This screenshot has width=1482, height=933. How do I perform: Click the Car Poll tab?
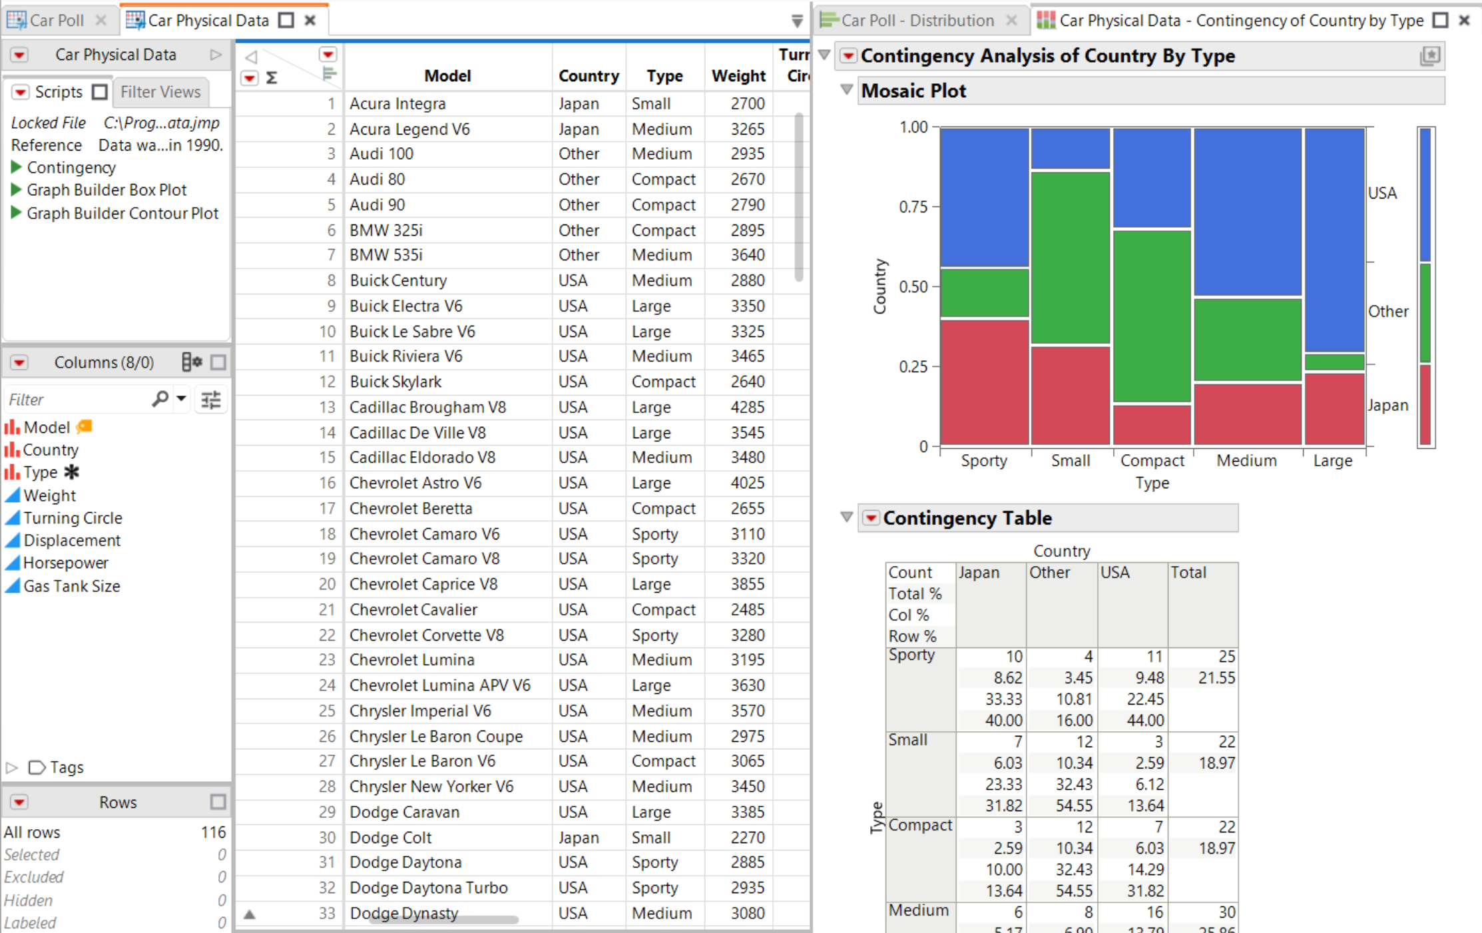pyautogui.click(x=56, y=21)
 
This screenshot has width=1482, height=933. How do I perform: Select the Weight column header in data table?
pyautogui.click(x=738, y=76)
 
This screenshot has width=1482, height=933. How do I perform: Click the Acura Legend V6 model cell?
pyautogui.click(x=409, y=129)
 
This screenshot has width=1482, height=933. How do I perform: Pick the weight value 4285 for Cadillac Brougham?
pyautogui.click(x=747, y=408)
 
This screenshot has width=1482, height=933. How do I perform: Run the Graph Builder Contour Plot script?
pyautogui.click(x=122, y=213)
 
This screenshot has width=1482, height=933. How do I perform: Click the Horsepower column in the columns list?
pyautogui.click(x=65, y=563)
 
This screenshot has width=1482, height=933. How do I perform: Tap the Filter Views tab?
pyautogui.click(x=160, y=92)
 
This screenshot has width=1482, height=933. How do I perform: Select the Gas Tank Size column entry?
pyautogui.click(x=71, y=586)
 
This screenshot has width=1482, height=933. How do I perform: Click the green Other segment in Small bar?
pyautogui.click(x=1070, y=257)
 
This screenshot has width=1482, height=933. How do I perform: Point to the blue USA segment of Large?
pyautogui.click(x=1334, y=240)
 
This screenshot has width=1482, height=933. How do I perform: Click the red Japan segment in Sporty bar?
pyautogui.click(x=984, y=382)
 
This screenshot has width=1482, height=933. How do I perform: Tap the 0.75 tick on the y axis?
pyautogui.click(x=913, y=207)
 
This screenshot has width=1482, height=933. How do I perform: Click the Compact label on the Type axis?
pyautogui.click(x=1152, y=461)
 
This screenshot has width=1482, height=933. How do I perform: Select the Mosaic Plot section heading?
pyautogui.click(x=913, y=91)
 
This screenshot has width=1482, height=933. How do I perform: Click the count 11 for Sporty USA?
pyautogui.click(x=1154, y=657)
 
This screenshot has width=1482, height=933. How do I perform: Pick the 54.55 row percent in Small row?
pyautogui.click(x=1073, y=806)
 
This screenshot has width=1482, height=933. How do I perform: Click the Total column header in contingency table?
pyautogui.click(x=1188, y=573)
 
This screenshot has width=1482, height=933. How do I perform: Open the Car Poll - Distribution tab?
pyautogui.click(x=917, y=21)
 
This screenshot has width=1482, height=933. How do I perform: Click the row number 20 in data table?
pyautogui.click(x=326, y=584)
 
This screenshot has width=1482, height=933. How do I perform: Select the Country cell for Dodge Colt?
pyautogui.click(x=578, y=838)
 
